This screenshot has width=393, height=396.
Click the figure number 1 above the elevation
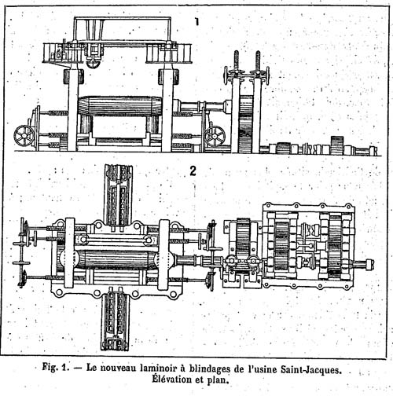point(196,22)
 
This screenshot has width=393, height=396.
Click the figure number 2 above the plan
point(193,171)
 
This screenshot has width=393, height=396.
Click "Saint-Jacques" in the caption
point(311,369)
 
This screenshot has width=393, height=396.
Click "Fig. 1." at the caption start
point(54,367)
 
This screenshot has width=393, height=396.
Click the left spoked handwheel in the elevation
point(24,135)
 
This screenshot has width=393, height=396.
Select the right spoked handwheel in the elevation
point(215,136)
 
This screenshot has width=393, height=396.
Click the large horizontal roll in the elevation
point(121,105)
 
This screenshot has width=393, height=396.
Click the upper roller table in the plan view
point(118,194)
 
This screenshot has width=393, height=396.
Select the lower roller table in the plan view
point(116,321)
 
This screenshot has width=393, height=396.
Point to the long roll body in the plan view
point(116,259)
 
